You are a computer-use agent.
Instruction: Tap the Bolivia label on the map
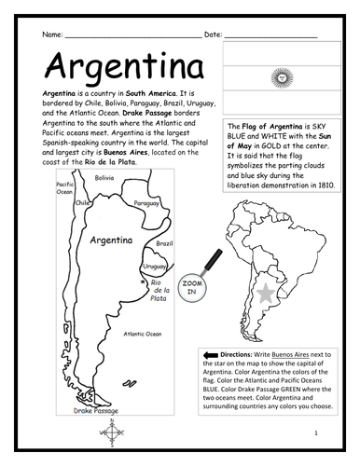tap(104, 177)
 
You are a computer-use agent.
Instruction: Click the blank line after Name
tap(131, 35)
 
